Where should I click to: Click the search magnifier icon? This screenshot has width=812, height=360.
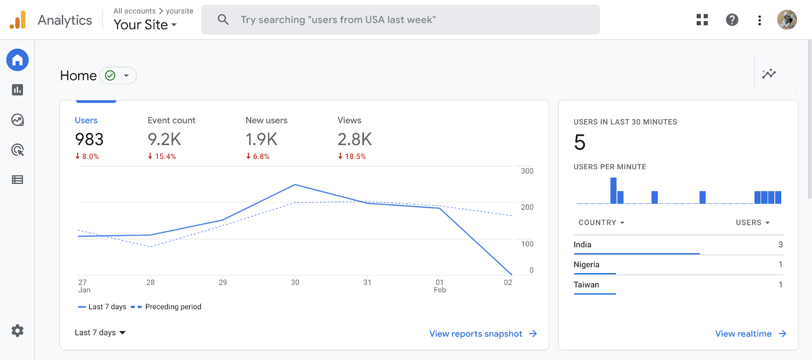point(223,20)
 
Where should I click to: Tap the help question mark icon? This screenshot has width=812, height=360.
point(732,20)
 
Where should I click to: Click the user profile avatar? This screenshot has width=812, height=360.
point(787,20)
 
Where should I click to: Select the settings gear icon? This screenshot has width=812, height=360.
point(18,331)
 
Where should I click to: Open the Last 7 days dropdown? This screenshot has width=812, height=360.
point(100,333)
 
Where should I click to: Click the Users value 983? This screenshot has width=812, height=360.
point(89,139)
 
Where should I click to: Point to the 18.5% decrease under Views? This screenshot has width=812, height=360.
point(352,156)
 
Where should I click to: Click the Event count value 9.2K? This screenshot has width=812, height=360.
point(164,139)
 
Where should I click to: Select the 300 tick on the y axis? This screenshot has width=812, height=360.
point(527,171)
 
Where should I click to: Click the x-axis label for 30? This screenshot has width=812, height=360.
point(295,282)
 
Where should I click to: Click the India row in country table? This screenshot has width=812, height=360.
point(583,245)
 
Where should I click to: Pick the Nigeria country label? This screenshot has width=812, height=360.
point(586,265)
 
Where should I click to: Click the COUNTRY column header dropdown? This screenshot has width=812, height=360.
point(601,222)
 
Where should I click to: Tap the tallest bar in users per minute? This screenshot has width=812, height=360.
point(613,191)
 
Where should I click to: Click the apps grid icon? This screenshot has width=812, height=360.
point(702,20)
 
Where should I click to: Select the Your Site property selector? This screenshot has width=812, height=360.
point(145,24)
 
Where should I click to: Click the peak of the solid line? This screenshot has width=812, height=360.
point(295,185)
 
